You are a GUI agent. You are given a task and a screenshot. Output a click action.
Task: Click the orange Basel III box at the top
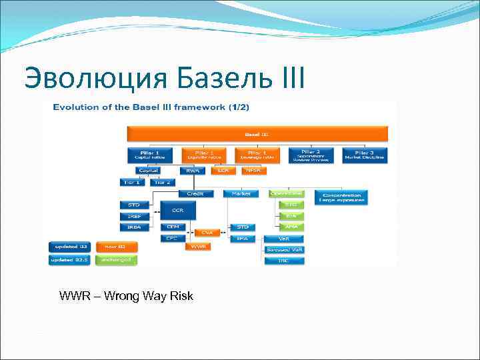click(256, 134)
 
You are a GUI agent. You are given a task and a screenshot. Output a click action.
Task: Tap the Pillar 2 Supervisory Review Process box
click(311, 155)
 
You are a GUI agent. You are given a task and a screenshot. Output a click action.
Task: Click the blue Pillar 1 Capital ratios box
click(149, 155)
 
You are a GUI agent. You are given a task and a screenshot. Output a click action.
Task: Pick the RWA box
click(193, 171)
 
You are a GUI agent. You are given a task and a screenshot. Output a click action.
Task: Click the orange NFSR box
click(253, 171)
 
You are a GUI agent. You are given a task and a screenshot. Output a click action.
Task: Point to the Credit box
click(195, 193)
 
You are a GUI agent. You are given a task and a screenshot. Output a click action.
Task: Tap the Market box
click(241, 193)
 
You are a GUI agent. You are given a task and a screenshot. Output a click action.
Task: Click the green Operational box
click(286, 193)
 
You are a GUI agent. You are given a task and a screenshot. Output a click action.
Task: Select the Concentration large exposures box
click(341, 197)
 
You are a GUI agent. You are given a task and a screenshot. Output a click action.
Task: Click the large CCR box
click(177, 211)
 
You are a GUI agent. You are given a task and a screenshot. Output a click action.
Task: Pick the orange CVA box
click(207, 233)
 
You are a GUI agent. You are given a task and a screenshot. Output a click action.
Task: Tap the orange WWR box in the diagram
click(197, 247)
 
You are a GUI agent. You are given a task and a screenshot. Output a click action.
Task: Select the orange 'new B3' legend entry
click(117, 246)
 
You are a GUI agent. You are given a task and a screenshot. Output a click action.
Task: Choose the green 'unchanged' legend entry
click(117, 260)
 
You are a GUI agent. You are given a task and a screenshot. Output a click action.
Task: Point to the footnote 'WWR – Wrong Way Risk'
click(126, 295)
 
